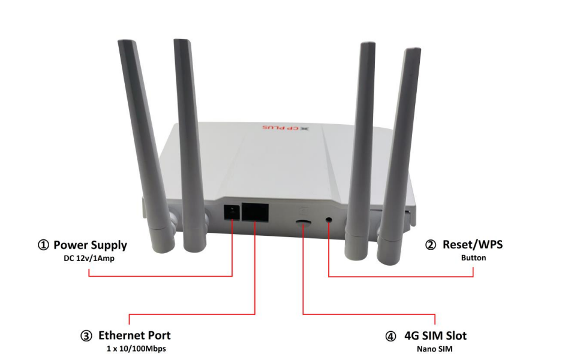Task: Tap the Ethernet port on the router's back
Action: pos(255,212)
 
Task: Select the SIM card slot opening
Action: pos(303,221)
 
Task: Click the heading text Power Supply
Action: pos(90,245)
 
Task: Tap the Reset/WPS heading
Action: pos(473,245)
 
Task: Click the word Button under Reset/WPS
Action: pos(473,258)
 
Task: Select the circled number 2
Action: pos(431,245)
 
